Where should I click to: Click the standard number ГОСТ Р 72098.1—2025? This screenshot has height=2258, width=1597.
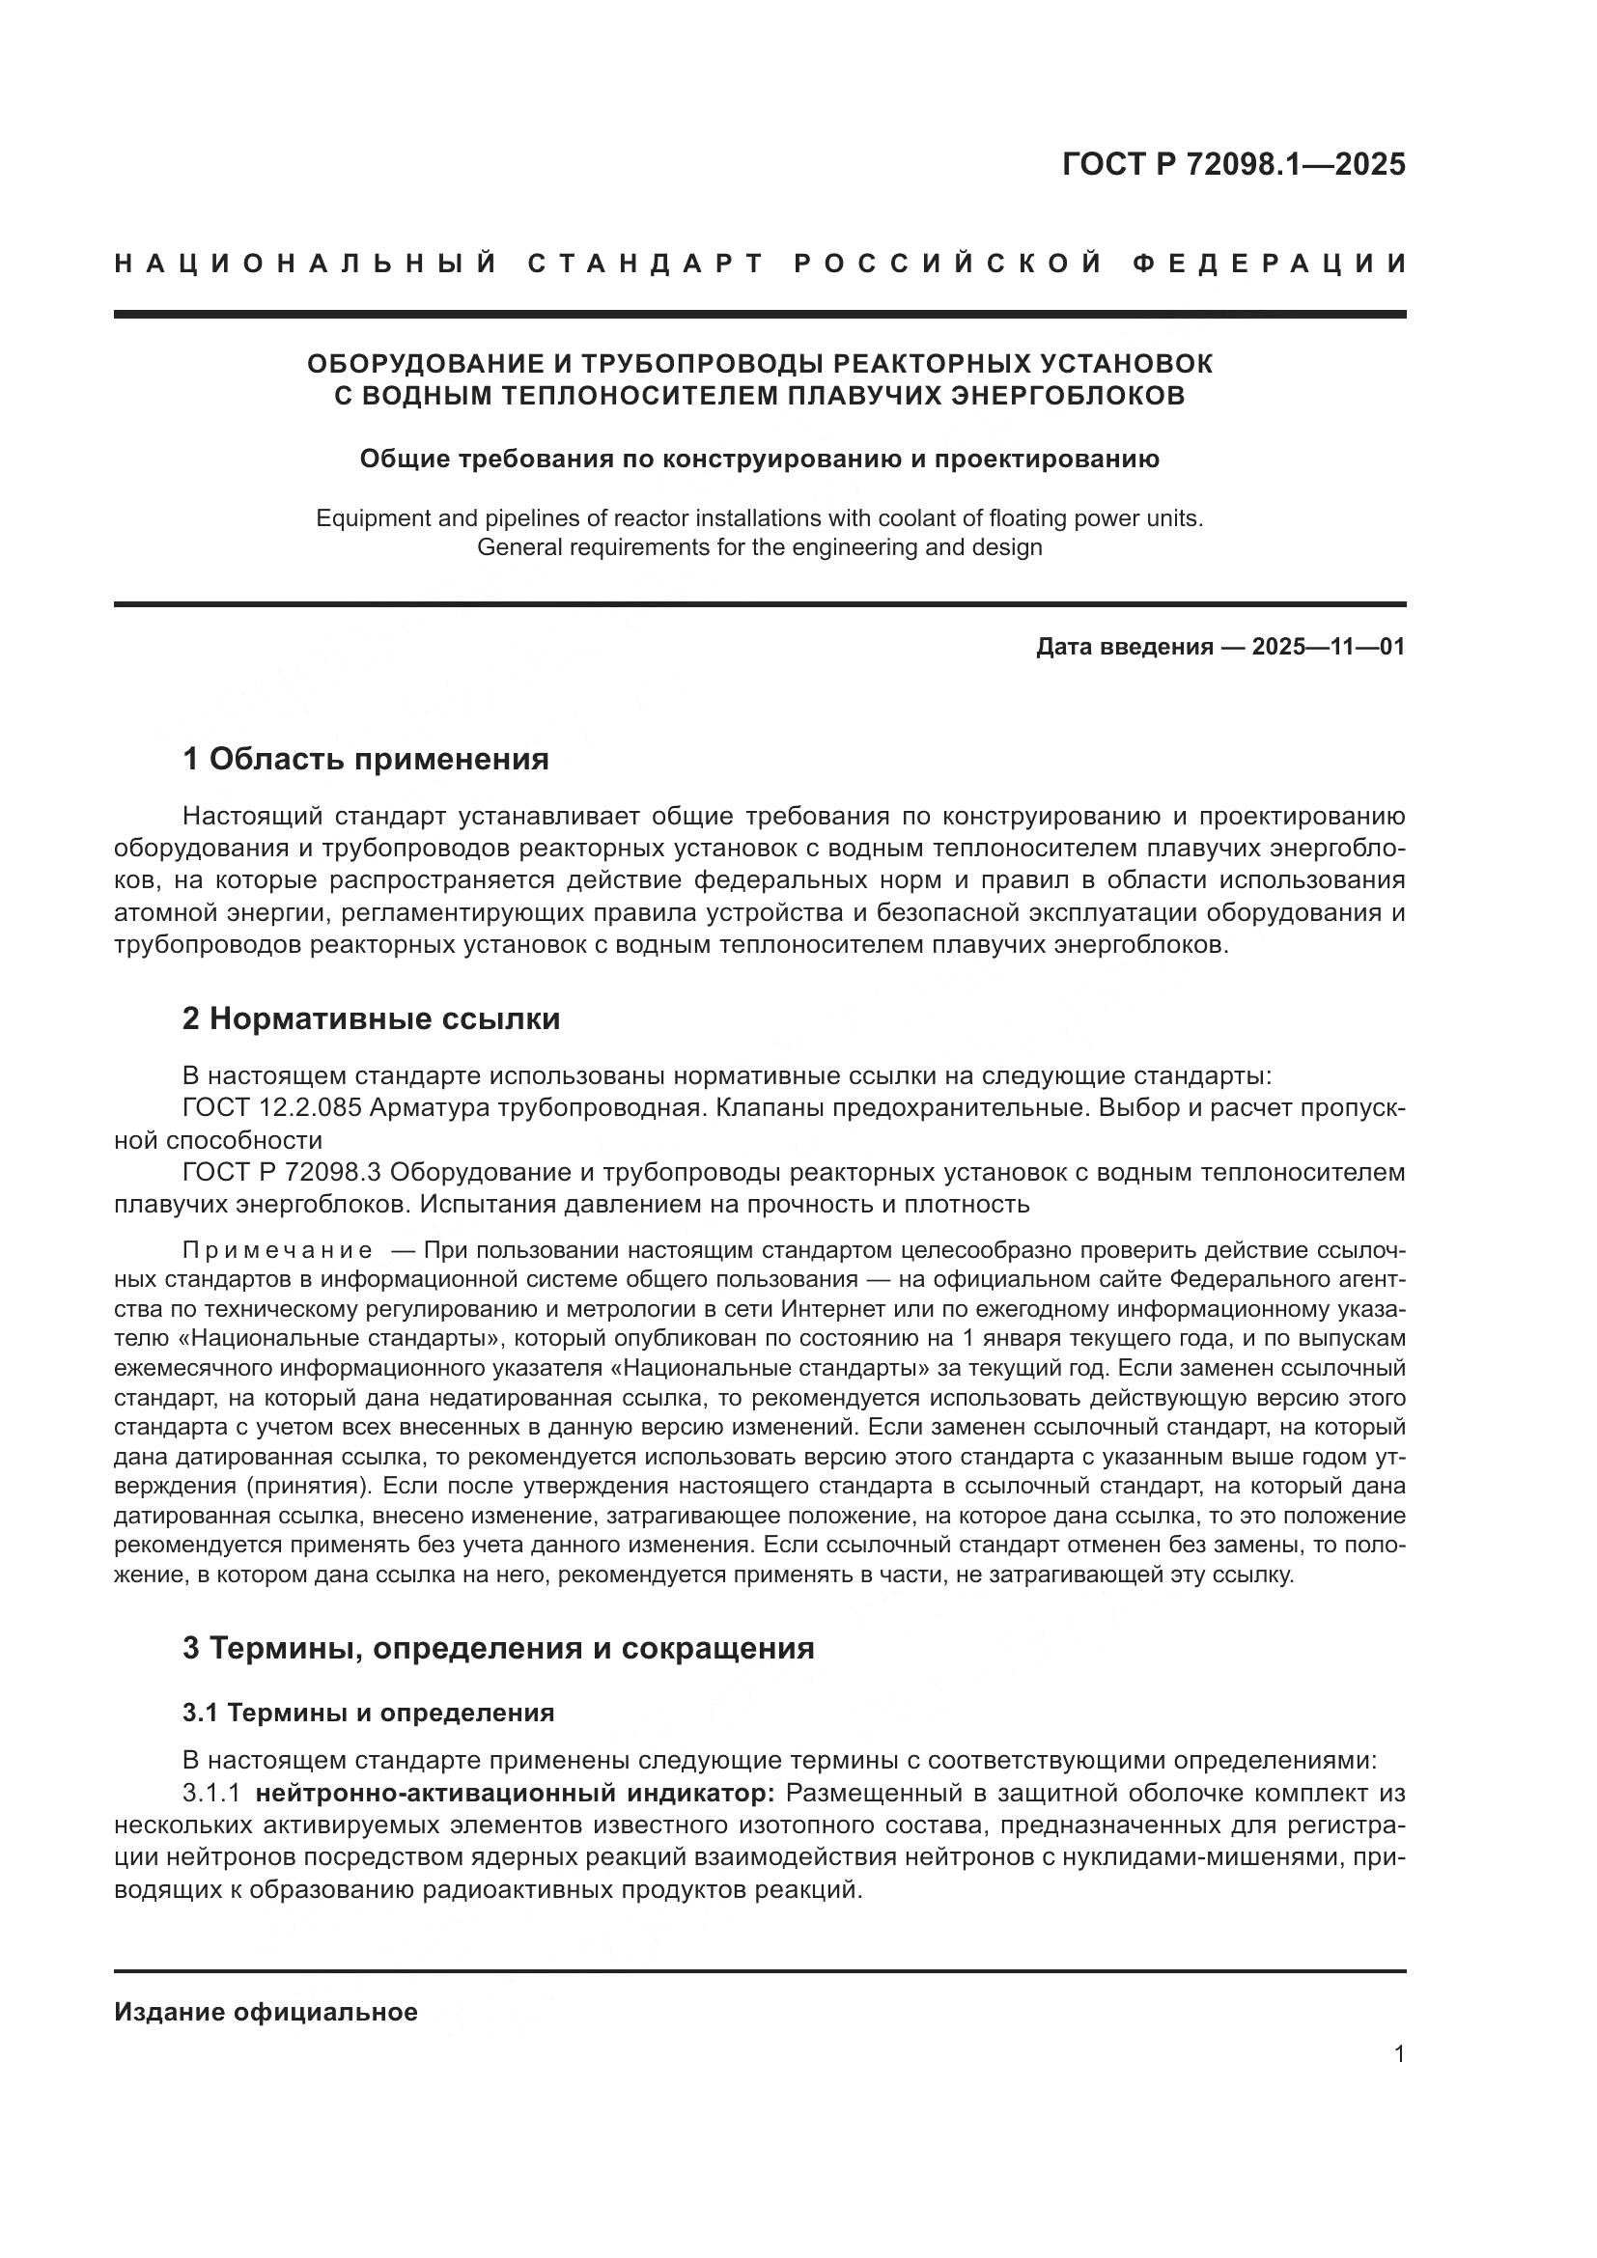pyautogui.click(x=1233, y=164)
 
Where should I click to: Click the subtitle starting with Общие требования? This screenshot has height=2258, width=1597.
pyautogui.click(x=759, y=460)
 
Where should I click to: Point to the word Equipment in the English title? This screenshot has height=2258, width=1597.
pyautogui.click(x=363, y=518)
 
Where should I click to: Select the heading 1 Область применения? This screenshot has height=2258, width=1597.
pyautogui.click(x=365, y=759)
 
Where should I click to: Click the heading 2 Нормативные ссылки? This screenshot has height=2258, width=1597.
pyautogui.click(x=371, y=1018)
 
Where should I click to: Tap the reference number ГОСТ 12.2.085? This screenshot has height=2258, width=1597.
pyautogui.click(x=273, y=1108)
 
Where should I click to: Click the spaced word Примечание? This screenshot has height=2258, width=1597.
pyautogui.click(x=277, y=1251)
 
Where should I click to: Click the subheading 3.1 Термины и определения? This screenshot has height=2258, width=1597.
pyautogui.click(x=368, y=1714)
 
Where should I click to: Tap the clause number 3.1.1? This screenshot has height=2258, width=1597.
pyautogui.click(x=211, y=1793)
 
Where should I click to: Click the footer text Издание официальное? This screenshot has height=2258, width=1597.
pyautogui.click(x=266, y=2012)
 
